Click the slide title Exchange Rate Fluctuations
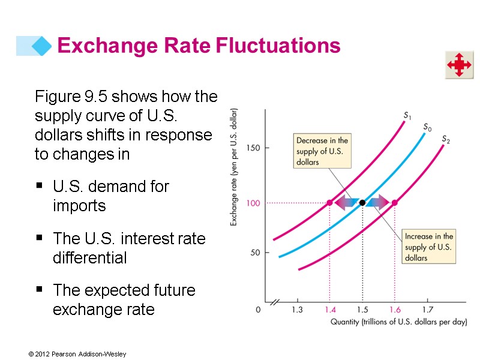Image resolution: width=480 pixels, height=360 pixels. coord(199,45)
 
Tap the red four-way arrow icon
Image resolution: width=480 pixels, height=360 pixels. coord(459,65)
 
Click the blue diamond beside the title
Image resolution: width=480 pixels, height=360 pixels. coord(41,45)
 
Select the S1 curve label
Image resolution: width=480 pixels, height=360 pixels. coord(407,116)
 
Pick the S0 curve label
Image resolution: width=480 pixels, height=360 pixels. coord(427,127)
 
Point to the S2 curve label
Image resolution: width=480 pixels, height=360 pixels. coord(446,140)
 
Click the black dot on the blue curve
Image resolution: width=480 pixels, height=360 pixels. coord(362,203)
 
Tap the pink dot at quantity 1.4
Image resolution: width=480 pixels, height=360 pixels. coord(329,203)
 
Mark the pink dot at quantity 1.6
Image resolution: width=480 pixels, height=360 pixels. coord(394,203)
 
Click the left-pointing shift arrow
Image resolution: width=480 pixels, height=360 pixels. coord(346,203)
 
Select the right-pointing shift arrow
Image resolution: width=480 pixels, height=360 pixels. coord(377,203)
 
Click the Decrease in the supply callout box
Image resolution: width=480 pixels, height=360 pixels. coord(322,151)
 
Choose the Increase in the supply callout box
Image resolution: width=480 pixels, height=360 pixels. coord(428,247)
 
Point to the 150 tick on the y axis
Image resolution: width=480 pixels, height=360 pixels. coord(252,148)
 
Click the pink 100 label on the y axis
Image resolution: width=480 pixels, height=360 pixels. coord(253,203)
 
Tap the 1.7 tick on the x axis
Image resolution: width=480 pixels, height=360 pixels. coord(427,310)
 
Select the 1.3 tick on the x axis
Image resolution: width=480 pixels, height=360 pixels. coord(297,310)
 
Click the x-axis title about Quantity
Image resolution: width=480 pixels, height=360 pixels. coord(398,322)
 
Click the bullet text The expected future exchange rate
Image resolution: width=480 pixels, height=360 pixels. coord(124,300)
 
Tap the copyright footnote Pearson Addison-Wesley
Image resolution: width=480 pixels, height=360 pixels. coord(77,355)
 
